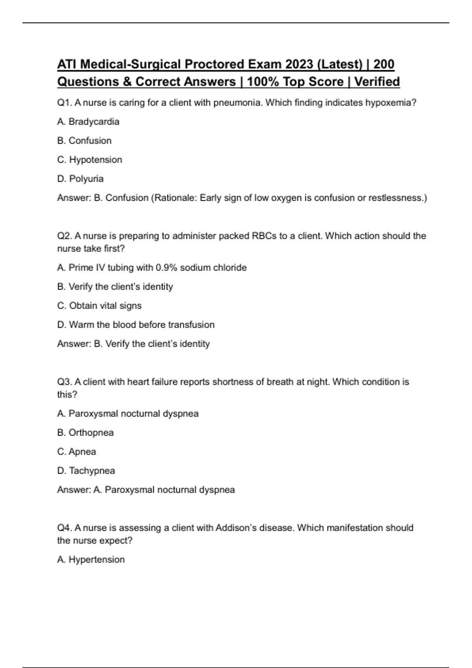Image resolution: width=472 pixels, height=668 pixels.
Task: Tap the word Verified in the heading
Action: (x=377, y=82)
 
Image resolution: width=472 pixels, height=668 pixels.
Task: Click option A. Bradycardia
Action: (x=88, y=122)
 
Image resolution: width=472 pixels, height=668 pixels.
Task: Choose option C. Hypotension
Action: (x=90, y=160)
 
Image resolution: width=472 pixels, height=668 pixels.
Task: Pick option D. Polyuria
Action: (x=80, y=179)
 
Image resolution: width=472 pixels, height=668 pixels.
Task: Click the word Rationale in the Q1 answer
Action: (x=175, y=198)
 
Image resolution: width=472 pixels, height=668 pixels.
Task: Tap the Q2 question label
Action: (x=64, y=236)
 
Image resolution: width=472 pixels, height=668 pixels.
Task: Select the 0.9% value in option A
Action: (x=166, y=268)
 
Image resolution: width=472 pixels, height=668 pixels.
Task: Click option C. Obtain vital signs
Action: (x=99, y=306)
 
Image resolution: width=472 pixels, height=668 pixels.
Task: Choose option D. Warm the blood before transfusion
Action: (x=136, y=325)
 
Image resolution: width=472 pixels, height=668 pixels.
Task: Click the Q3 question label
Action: (x=64, y=382)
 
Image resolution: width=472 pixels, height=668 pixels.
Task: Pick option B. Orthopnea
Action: (x=85, y=433)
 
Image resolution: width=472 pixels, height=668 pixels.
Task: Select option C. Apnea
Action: (x=76, y=452)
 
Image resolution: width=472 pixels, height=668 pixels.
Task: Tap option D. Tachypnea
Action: (x=86, y=471)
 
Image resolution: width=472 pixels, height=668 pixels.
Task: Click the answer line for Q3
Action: (x=146, y=490)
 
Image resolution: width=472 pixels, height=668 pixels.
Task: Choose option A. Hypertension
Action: (x=91, y=560)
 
